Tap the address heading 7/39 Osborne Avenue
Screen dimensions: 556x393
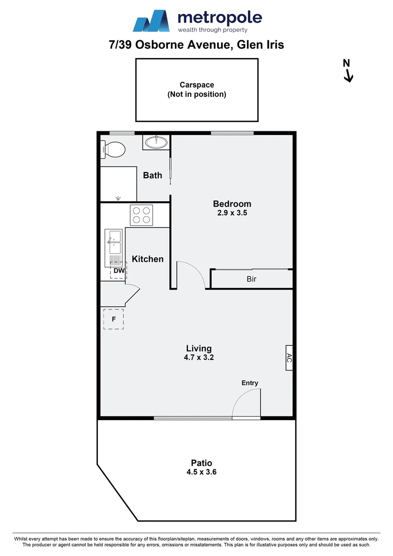[196, 45]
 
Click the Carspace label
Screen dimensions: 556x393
[196, 85]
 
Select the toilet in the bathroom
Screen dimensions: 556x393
[114, 150]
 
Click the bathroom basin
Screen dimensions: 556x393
[155, 143]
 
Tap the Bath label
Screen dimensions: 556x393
[152, 175]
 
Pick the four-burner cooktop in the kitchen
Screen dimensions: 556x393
[141, 215]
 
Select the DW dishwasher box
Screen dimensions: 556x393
[118, 270]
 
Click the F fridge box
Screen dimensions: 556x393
[113, 319]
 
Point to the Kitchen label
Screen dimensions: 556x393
[148, 259]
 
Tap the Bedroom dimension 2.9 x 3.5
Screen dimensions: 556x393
[232, 213]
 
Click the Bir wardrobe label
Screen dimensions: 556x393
[251, 280]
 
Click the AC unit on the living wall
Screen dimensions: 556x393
[289, 358]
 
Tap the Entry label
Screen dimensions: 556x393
[250, 383]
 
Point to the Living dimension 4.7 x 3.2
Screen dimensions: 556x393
[199, 357]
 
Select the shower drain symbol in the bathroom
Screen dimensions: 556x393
[119, 197]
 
